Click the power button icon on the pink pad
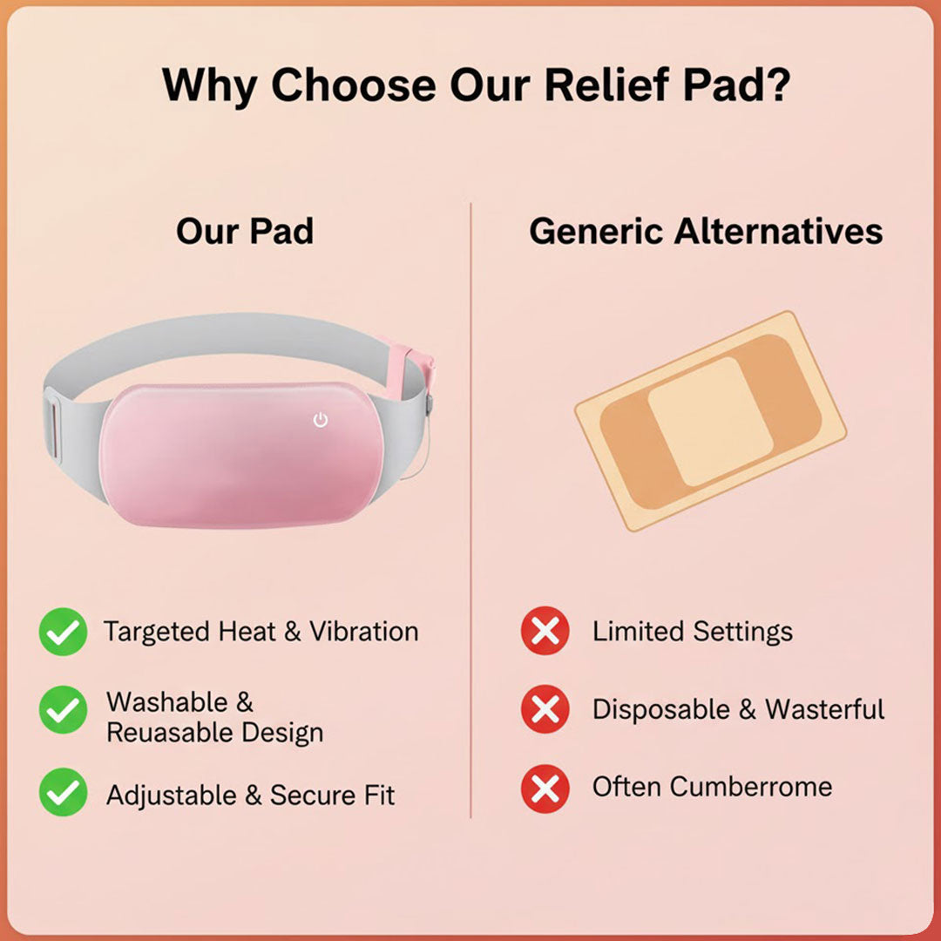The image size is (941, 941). [x=321, y=420]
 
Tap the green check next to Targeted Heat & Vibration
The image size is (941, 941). [x=63, y=632]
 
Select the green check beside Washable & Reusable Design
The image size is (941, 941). [x=63, y=709]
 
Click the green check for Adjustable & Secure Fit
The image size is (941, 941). [x=63, y=791]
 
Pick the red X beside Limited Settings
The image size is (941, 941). [x=545, y=632]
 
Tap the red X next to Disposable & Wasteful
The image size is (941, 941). [x=545, y=709]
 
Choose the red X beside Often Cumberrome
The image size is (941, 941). [x=545, y=789]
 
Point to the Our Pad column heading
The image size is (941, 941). [x=245, y=232]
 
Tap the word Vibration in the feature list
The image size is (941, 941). [x=364, y=632]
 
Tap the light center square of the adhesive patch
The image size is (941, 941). [x=709, y=421]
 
